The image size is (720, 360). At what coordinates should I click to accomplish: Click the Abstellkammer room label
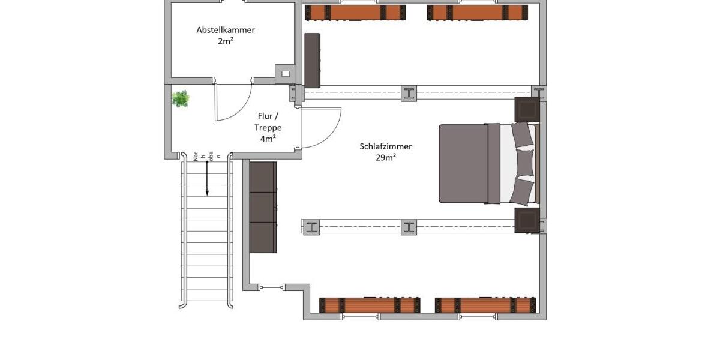[226, 30]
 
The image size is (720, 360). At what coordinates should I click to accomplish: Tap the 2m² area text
[226, 41]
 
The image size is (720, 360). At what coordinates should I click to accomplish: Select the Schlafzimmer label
[386, 146]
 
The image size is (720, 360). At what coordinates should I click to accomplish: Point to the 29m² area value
[386, 158]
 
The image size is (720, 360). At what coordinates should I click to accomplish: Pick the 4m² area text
[268, 139]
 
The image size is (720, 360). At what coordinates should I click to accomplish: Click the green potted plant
[181, 98]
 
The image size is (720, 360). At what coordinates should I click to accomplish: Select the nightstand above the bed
[527, 110]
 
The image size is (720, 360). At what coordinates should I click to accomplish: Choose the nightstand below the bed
[527, 220]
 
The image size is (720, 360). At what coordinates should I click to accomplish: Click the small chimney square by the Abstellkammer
[286, 73]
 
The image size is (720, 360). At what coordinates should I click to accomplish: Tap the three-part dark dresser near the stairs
[263, 207]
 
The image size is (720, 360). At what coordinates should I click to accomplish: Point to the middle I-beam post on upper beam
[409, 93]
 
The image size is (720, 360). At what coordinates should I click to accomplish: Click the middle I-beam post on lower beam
[409, 227]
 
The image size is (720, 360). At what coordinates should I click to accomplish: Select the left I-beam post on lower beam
[311, 227]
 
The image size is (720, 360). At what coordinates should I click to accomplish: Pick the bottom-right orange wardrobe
[485, 305]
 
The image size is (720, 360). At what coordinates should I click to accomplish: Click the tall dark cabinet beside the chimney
[312, 61]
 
